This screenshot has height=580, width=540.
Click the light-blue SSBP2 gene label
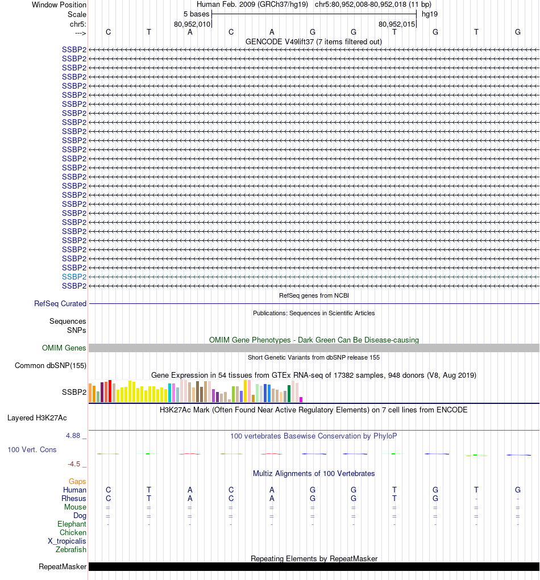74,277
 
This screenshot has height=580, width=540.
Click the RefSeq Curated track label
60,304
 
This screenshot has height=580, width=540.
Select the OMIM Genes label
64,348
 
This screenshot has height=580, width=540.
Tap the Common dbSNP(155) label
51,366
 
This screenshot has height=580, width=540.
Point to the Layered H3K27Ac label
37,418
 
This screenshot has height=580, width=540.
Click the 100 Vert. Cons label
32,450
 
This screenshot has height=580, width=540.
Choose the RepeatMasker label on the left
63,567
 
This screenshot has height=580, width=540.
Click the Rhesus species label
74,499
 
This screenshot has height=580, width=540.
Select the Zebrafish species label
71,550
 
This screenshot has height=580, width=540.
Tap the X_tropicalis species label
67,541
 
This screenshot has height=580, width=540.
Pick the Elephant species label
72,524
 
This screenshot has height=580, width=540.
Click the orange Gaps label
77,482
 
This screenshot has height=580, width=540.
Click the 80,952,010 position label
192,24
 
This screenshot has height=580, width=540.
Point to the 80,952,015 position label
397,24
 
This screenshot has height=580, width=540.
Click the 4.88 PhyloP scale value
75,436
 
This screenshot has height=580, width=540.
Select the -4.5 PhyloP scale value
77,464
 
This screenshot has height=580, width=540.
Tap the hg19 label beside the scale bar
429,14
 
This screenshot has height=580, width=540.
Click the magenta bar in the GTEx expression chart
301,399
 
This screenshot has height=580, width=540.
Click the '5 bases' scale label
196,14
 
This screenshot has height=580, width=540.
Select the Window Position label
59,5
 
